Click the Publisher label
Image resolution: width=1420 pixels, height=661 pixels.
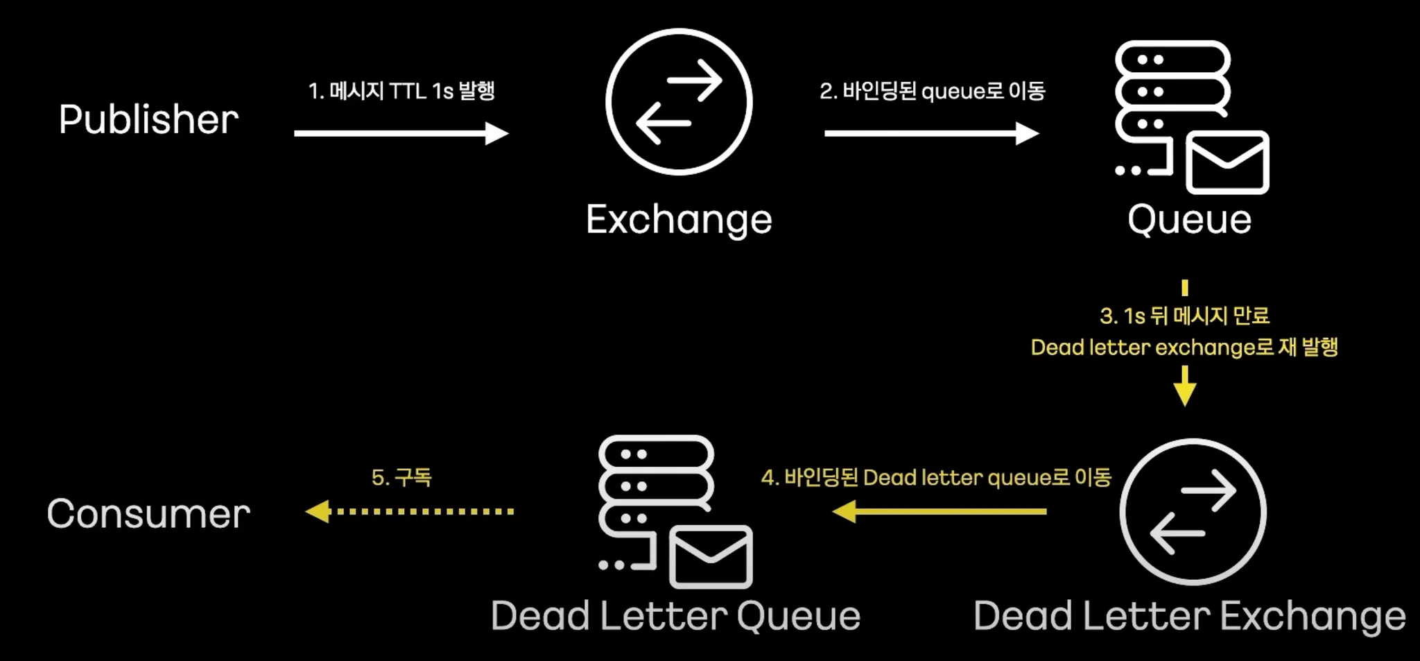[148, 119]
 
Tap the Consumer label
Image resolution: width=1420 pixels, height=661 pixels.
[148, 514]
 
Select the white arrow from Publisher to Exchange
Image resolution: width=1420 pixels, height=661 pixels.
[401, 133]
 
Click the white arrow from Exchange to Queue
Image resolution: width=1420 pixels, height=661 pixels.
[931, 133]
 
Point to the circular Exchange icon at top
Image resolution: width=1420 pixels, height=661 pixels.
[679, 102]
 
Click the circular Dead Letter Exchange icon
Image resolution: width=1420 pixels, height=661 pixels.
[1193, 512]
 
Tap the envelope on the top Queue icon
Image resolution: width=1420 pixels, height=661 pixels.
[1227, 162]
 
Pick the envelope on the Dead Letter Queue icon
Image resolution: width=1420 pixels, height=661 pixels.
[711, 556]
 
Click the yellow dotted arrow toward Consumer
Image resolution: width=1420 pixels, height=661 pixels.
[409, 512]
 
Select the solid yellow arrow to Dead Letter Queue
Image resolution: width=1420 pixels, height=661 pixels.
[939, 512]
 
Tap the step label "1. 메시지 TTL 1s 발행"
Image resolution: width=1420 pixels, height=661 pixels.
[401, 91]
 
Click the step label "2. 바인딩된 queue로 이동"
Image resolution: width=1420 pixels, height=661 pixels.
[932, 91]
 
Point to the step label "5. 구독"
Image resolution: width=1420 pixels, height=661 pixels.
[401, 477]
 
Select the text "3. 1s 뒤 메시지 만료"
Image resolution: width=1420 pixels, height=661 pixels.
[1184, 316]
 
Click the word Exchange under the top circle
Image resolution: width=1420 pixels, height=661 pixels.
[679, 219]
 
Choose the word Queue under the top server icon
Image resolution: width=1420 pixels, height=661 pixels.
[1189, 219]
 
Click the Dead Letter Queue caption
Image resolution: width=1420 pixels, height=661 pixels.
[675, 616]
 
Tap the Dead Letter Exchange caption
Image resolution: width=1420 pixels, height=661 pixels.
[1189, 616]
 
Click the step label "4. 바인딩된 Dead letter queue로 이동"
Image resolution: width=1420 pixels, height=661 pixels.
[936, 477]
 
